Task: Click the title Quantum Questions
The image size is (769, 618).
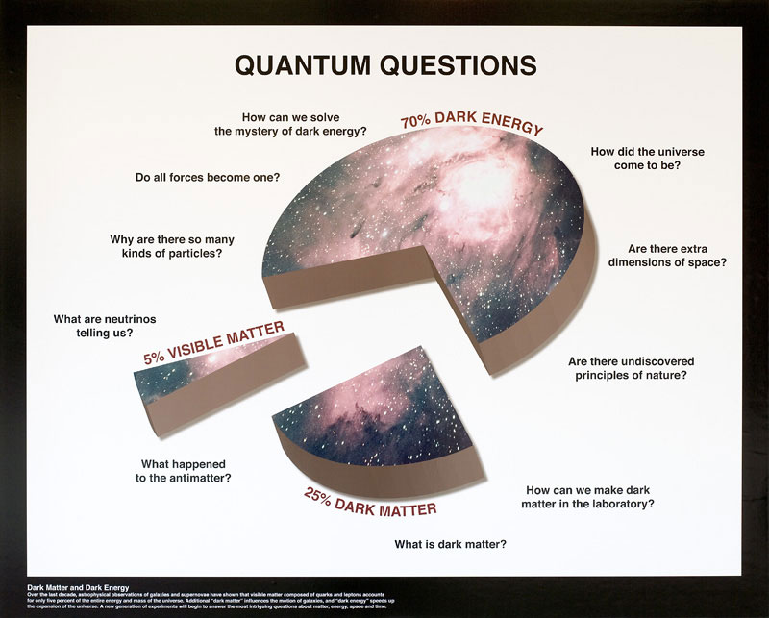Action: (385, 64)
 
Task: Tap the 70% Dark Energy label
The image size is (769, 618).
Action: (472, 123)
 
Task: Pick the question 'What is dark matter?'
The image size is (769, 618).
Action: (450, 544)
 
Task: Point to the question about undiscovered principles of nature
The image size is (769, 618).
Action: (627, 368)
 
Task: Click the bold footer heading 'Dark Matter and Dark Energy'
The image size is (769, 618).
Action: (78, 585)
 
